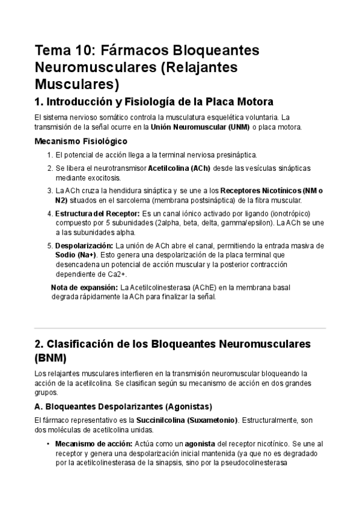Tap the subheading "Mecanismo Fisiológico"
coord(81,141)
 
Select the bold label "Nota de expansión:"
coord(84,287)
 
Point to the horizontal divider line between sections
coord(180,328)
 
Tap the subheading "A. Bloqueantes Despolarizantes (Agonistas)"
coord(123,406)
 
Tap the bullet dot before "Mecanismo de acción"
coord(47,443)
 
